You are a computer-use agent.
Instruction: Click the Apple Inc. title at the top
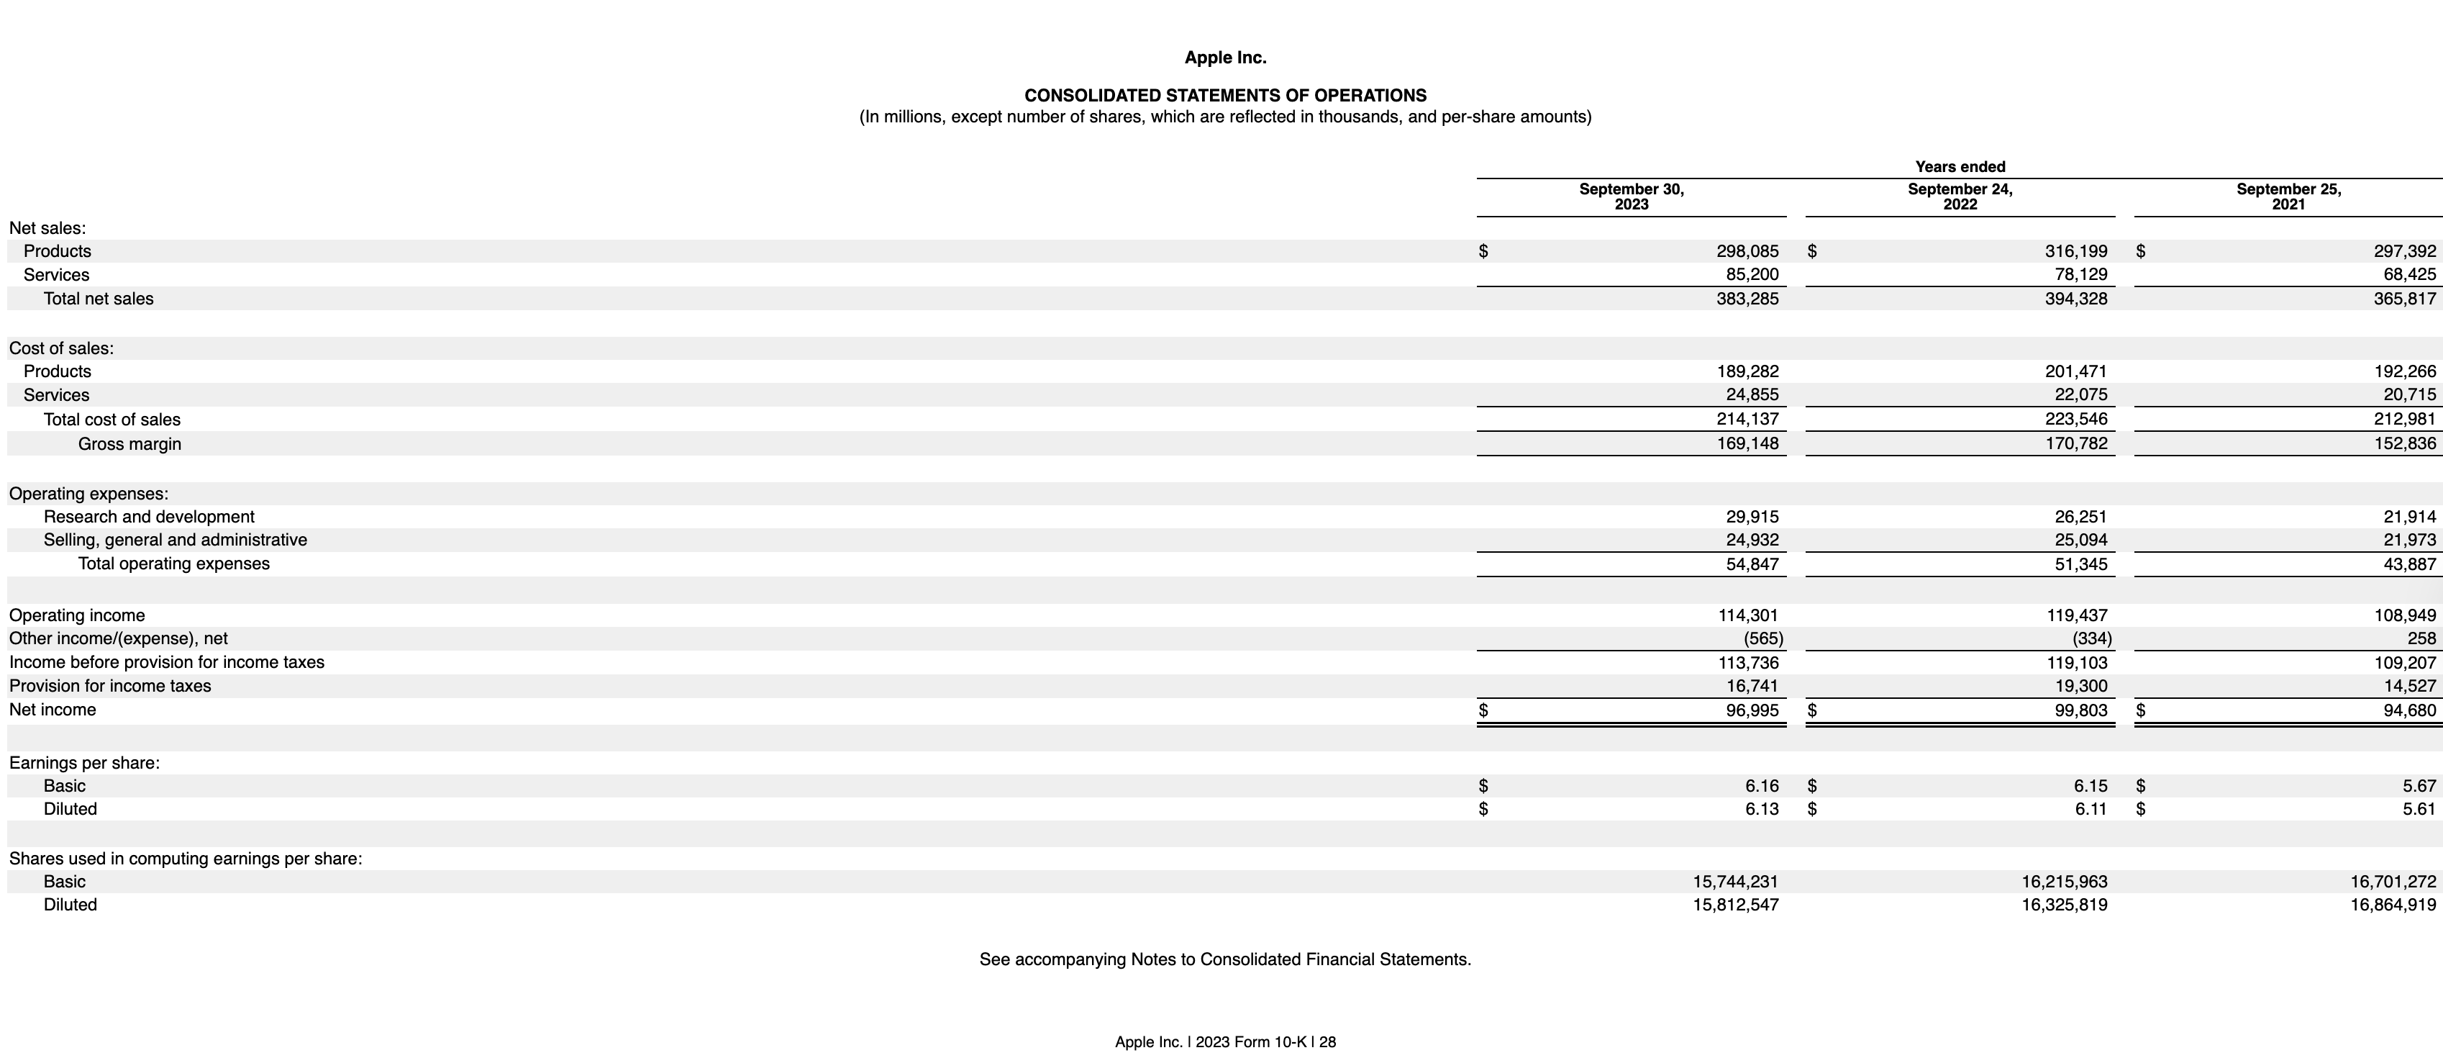tap(1225, 58)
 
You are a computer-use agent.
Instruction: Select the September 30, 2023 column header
tap(1632, 196)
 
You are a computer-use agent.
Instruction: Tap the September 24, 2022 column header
tap(1960, 196)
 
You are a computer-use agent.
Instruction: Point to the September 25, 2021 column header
tap(2288, 196)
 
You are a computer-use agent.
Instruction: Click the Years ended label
tap(1960, 167)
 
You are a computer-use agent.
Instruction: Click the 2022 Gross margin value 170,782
tap(2076, 444)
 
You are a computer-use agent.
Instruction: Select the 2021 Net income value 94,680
tap(2409, 710)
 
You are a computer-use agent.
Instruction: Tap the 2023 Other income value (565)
tap(1763, 638)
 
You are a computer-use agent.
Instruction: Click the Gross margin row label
tap(130, 444)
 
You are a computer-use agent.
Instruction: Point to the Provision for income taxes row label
tap(110, 686)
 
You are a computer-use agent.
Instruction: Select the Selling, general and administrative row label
tap(176, 540)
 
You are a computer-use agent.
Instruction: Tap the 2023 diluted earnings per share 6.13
tap(1762, 810)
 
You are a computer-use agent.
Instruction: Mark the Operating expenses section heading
tap(89, 494)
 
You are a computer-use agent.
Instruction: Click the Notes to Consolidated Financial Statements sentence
tap(1225, 959)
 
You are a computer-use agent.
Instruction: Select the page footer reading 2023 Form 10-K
tap(1225, 1042)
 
